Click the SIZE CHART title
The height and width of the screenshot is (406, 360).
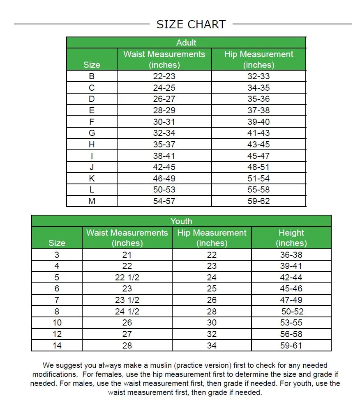pyautogui.click(x=191, y=24)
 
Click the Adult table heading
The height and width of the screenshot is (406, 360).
pyautogui.click(x=186, y=43)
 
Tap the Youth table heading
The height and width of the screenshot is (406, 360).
pyautogui.click(x=181, y=221)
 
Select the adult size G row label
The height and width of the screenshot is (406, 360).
pyautogui.click(x=92, y=133)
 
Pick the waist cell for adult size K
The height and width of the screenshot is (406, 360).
pyautogui.click(x=164, y=179)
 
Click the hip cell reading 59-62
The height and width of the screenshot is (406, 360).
pyautogui.click(x=258, y=201)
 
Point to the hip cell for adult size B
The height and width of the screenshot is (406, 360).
pyautogui.click(x=258, y=76)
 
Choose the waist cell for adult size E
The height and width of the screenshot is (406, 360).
pyautogui.click(x=164, y=110)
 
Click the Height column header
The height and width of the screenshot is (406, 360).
pyautogui.click(x=291, y=238)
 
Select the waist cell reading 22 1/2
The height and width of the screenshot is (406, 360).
pyautogui.click(x=127, y=278)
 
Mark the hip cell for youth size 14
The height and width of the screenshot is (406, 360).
pyautogui.click(x=212, y=346)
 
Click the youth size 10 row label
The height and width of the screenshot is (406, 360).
pyautogui.click(x=57, y=323)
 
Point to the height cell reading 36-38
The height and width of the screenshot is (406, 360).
pyautogui.click(x=291, y=255)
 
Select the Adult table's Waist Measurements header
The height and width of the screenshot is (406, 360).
pyautogui.click(x=164, y=59)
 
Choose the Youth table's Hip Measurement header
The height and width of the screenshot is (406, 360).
pyautogui.click(x=212, y=238)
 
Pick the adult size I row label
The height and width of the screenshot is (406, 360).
pyautogui.click(x=92, y=156)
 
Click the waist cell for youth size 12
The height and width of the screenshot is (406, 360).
pyautogui.click(x=127, y=334)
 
